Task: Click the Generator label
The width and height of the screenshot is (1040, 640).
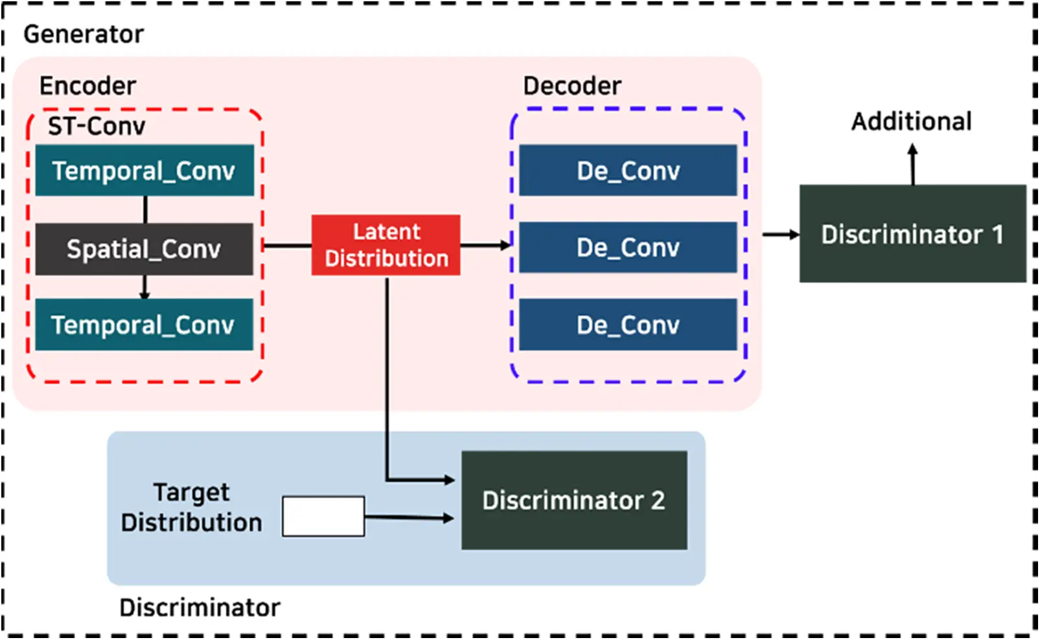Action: click(84, 34)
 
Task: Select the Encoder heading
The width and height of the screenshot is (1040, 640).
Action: click(87, 86)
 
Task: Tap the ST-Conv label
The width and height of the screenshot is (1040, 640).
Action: click(97, 126)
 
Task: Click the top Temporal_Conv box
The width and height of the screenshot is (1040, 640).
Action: click(144, 171)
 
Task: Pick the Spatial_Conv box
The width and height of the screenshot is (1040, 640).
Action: click(144, 249)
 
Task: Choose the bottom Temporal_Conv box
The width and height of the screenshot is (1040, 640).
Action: click(144, 325)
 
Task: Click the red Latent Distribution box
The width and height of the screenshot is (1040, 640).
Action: click(386, 245)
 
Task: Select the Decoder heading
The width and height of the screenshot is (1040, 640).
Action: click(572, 86)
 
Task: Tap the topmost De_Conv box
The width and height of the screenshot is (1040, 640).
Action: click(628, 171)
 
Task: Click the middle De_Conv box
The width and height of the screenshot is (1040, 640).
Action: click(628, 248)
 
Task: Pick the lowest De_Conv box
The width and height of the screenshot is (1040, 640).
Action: click(628, 325)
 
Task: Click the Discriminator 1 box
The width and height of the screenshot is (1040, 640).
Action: click(912, 234)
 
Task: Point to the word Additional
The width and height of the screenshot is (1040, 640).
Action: click(911, 122)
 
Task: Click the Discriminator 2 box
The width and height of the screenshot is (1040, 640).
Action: click(574, 501)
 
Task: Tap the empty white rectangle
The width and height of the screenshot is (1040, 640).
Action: click(323, 517)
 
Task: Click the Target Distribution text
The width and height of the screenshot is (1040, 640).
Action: click(192, 508)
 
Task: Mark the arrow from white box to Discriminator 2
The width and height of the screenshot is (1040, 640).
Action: click(408, 518)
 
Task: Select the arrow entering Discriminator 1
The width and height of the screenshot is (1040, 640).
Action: click(781, 234)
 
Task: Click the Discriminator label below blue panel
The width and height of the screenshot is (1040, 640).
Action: click(200, 608)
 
